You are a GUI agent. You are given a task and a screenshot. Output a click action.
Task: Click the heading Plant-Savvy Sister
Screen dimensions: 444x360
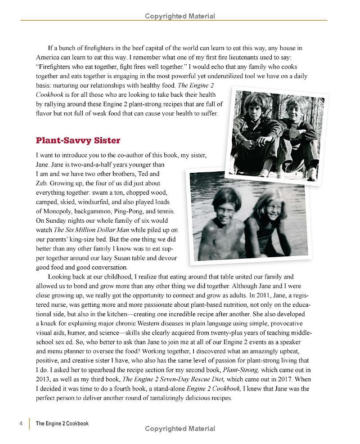tap(78, 140)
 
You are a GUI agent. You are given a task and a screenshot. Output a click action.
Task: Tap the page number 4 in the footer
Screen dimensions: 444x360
tap(21, 423)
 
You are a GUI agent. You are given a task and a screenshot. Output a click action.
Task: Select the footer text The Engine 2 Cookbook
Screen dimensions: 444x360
tap(62, 423)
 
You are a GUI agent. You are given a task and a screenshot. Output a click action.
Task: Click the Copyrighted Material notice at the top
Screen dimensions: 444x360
tap(180, 16)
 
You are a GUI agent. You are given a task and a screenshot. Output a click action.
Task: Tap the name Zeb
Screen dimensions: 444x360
tap(42, 183)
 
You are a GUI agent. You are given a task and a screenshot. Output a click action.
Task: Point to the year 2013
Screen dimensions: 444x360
tap(44, 379)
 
